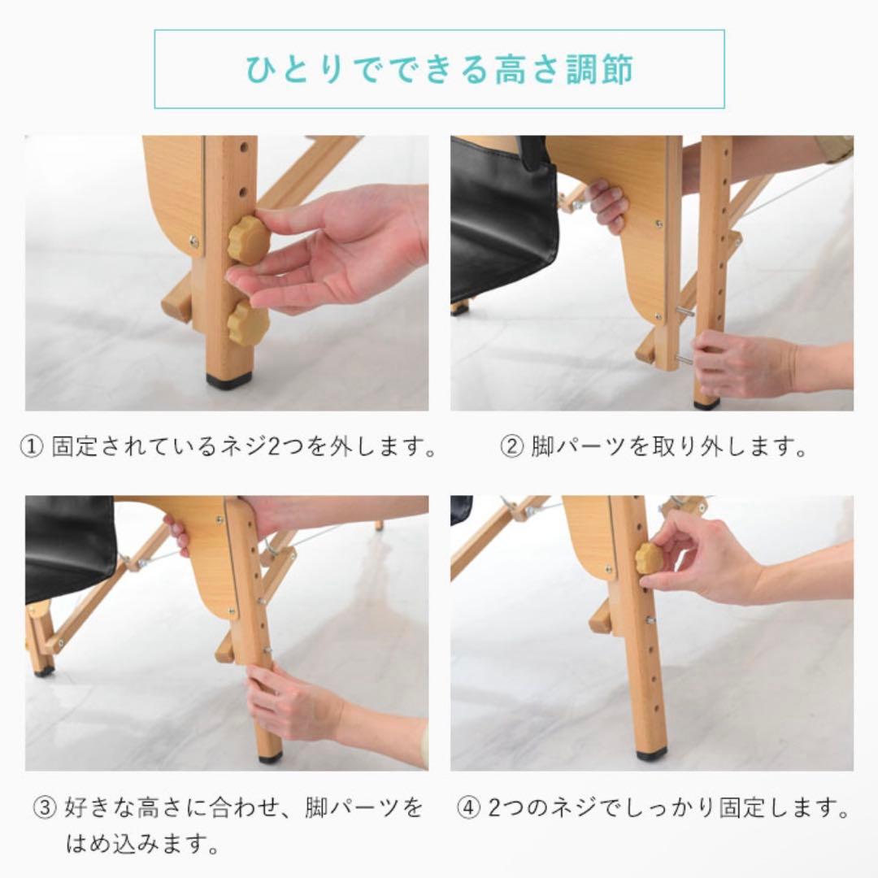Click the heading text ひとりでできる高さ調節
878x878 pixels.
(x=440, y=70)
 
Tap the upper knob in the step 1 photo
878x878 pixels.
(x=247, y=239)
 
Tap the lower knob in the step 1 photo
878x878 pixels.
(x=248, y=323)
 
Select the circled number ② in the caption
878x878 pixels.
(x=510, y=447)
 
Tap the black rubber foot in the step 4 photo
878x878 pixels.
(x=651, y=754)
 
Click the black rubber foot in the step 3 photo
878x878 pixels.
(x=271, y=756)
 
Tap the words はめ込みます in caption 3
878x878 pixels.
(x=142, y=844)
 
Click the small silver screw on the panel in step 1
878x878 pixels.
(x=193, y=241)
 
